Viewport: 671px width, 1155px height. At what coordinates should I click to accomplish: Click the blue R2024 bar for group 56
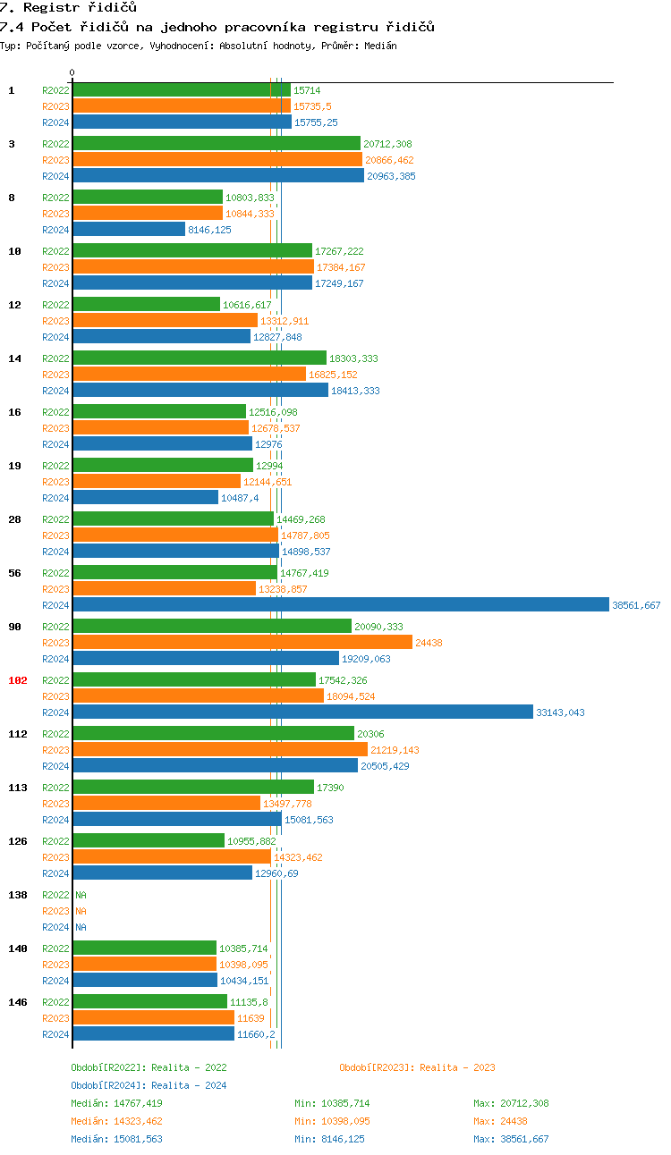pyautogui.click(x=340, y=605)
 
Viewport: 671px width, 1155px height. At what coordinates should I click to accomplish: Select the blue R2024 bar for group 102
pyautogui.click(x=302, y=712)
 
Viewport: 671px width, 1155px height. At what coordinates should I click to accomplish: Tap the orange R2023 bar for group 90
pyautogui.click(x=242, y=643)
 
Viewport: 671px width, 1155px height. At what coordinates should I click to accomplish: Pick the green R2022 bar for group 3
pyautogui.click(x=217, y=144)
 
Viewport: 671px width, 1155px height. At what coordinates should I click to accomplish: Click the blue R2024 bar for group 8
pyautogui.click(x=129, y=230)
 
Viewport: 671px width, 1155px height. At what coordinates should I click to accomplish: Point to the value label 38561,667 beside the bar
pyautogui.click(x=636, y=605)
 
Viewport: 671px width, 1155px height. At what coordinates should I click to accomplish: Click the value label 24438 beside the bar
pyautogui.click(x=429, y=643)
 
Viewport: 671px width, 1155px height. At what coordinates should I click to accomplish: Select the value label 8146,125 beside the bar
pyautogui.click(x=209, y=230)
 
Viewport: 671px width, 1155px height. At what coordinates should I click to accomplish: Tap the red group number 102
pyautogui.click(x=18, y=680)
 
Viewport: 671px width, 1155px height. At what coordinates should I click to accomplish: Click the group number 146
pyautogui.click(x=18, y=1002)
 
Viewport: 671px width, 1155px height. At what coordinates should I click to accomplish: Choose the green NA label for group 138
pyautogui.click(x=81, y=895)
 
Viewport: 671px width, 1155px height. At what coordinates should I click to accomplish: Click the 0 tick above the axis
pyautogui.click(x=72, y=72)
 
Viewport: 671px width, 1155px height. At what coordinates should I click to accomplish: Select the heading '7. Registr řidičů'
pyautogui.click(x=68, y=8)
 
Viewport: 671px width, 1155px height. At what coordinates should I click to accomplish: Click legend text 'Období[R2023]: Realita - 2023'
pyautogui.click(x=417, y=1067)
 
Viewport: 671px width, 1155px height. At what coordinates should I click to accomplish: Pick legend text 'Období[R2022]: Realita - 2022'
pyautogui.click(x=149, y=1067)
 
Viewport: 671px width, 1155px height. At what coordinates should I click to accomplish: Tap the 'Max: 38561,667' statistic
pyautogui.click(x=511, y=1139)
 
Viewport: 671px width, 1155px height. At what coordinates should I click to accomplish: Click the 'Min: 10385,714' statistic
pyautogui.click(x=332, y=1103)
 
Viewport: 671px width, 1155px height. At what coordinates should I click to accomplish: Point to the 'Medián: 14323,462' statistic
pyautogui.click(x=116, y=1121)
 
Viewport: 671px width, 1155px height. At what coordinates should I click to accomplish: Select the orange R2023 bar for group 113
pyautogui.click(x=166, y=804)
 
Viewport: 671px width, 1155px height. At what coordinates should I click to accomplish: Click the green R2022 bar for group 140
pyautogui.click(x=145, y=948)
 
